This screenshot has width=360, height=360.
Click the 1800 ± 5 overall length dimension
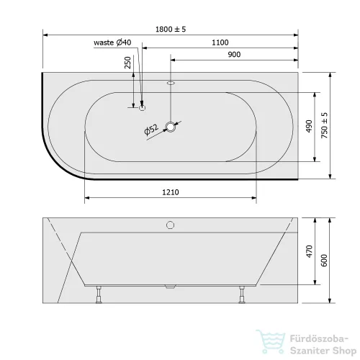coord(171,30)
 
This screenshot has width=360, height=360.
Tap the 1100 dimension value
coord(220,42)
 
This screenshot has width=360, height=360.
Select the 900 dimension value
coord(234,55)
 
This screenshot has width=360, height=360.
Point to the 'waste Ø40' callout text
coord(112,42)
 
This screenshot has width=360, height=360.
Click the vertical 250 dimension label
coord(128,63)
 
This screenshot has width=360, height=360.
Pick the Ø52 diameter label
coord(151,130)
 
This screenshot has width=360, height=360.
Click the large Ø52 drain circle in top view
coord(171,127)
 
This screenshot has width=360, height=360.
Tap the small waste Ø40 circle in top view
coord(143,108)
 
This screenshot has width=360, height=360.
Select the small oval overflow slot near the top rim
coord(171,84)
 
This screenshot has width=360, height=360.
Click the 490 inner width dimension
coord(309,126)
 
